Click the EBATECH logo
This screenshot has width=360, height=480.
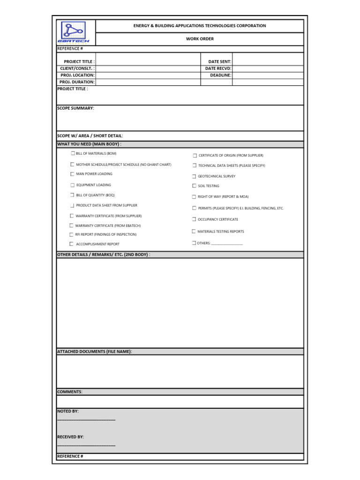76,32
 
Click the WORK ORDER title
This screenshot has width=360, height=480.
200,39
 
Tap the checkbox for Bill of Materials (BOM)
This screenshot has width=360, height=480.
73,153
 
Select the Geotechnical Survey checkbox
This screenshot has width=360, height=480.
194,176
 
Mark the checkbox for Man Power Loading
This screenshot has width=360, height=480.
72,174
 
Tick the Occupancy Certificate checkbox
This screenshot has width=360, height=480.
194,219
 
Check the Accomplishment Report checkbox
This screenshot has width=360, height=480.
72,244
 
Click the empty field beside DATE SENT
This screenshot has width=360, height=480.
268,61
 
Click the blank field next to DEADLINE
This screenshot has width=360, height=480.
268,75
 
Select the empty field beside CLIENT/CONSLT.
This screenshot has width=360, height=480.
148,68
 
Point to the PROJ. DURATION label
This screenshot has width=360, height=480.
77,82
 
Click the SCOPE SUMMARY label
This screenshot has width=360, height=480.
75,108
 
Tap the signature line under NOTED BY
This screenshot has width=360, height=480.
86,420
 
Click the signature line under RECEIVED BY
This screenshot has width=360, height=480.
86,445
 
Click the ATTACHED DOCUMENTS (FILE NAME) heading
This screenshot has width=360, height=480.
95,352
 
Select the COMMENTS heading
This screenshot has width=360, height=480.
70,392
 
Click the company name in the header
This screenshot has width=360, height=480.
200,26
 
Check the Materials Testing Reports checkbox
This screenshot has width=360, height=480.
194,231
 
